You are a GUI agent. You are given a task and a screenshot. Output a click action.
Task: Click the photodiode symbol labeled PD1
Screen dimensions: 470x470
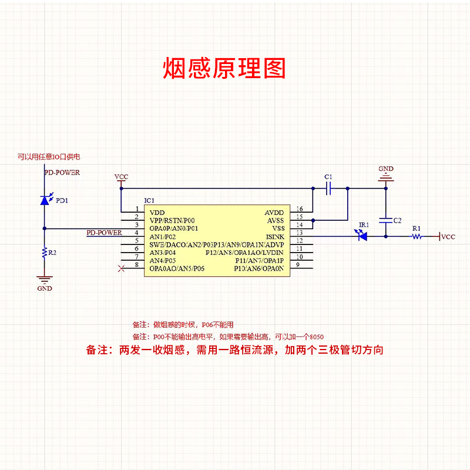point(45,200)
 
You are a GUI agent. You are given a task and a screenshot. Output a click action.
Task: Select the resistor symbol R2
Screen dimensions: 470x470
point(44,253)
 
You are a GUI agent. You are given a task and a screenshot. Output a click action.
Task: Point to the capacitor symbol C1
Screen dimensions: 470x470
point(329,189)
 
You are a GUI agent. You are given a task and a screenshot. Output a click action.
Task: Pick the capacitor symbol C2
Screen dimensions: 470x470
point(386,221)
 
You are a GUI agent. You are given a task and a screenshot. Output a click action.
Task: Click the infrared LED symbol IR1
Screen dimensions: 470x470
point(362,236)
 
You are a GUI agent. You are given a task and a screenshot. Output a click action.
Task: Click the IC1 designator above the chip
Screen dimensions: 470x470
point(150,201)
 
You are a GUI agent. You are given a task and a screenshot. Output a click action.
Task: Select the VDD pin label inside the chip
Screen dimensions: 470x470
point(157,213)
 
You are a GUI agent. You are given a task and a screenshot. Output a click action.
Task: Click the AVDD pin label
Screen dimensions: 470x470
point(274,213)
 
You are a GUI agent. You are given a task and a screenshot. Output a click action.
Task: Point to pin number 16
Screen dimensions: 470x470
point(299,209)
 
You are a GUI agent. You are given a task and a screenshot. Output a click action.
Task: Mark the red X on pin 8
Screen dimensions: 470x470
point(122,269)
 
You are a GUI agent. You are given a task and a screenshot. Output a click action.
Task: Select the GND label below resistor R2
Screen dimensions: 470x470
point(45,288)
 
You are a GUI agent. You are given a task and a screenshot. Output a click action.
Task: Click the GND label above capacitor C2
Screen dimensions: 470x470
point(386,168)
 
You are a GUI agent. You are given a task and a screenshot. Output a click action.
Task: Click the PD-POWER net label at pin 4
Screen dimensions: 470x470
point(104,233)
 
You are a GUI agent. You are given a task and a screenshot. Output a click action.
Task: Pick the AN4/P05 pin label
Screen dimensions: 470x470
point(163,260)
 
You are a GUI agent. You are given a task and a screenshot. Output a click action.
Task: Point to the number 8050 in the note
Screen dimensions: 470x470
point(317,337)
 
